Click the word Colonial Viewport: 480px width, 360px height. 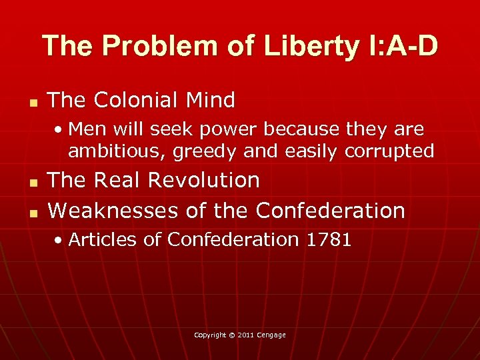pyautogui.click(x=141, y=100)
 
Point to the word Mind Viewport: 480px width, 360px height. pyautogui.click(x=211, y=100)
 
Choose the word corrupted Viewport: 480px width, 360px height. pyautogui.click(x=389, y=151)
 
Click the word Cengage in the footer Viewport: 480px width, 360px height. pyautogui.click(x=272, y=335)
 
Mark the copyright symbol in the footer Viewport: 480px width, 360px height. pyautogui.click(x=232, y=335)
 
